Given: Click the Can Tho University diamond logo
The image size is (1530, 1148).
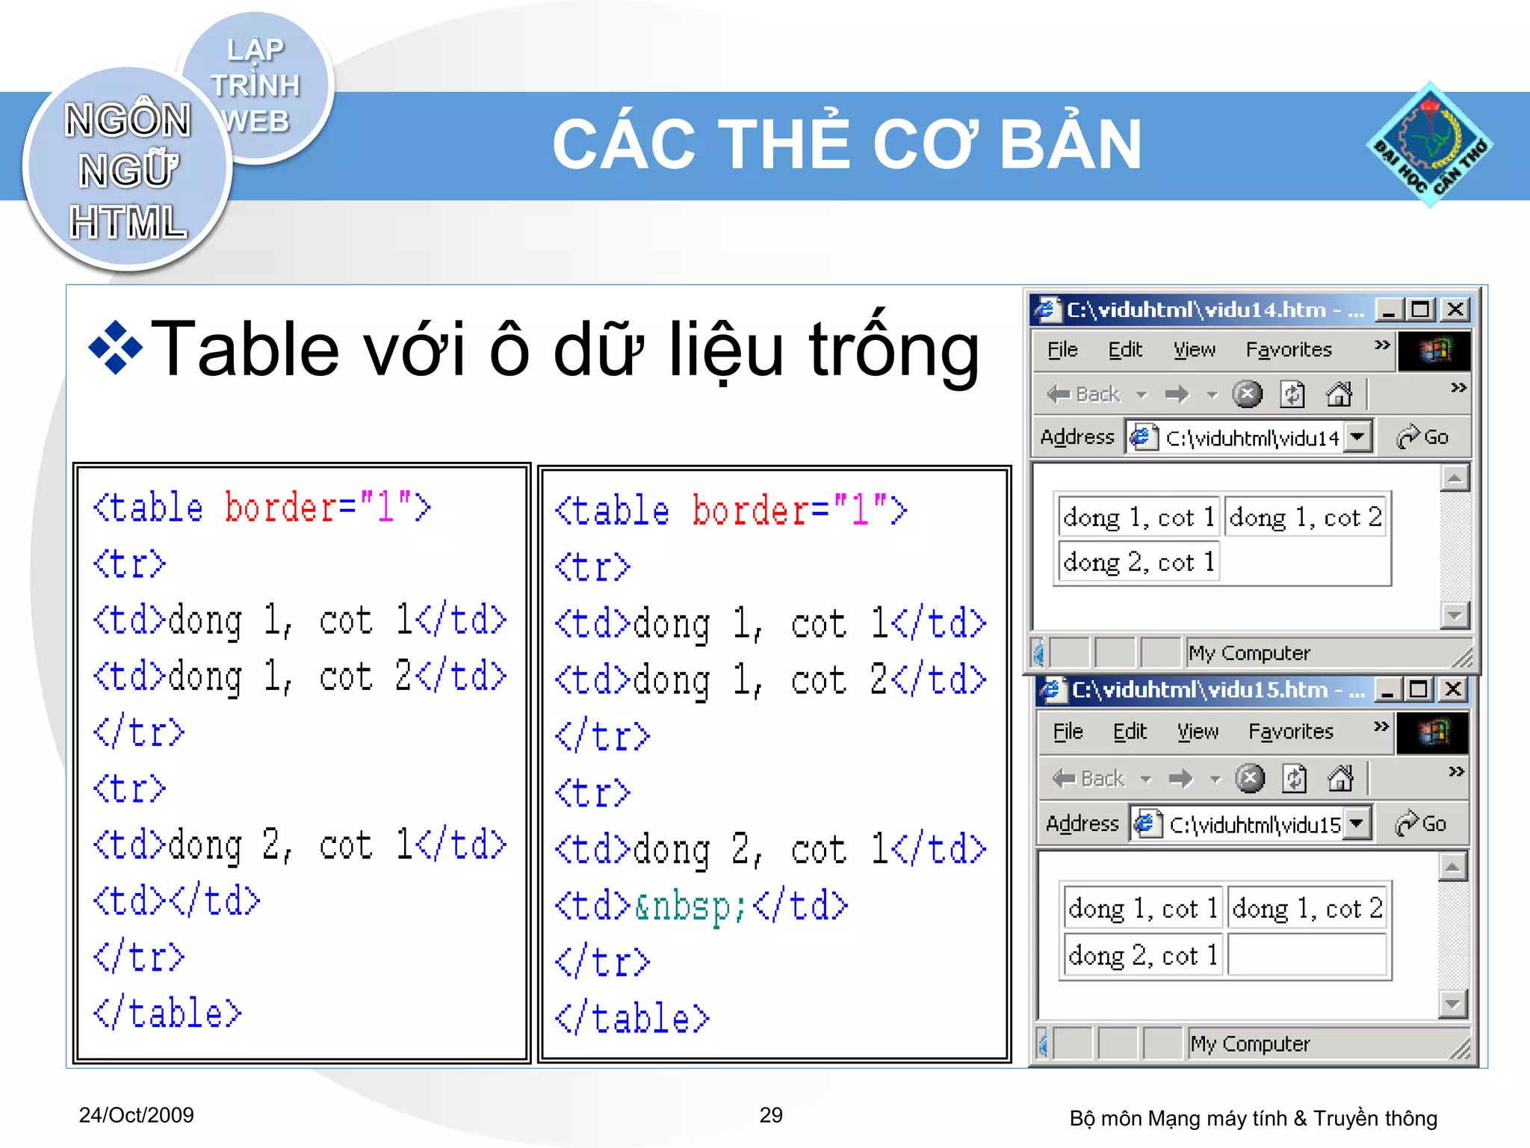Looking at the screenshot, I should pos(1429,144).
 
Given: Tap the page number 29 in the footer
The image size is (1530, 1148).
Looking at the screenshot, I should pos(771,1115).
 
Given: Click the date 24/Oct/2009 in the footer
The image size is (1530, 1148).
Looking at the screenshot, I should pos(136,1115).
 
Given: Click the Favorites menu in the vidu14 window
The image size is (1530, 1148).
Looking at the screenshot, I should pos(1288,350).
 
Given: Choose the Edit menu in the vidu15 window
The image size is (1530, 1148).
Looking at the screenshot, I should pos(1129,732).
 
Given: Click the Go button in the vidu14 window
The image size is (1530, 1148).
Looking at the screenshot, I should pos(1423,437).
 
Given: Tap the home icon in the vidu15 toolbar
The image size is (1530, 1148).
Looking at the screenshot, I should pos(1340,779).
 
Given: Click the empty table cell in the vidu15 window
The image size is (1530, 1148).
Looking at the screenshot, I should pos(1307,954).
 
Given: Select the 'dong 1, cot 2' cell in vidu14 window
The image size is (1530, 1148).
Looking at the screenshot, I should pos(1304,517).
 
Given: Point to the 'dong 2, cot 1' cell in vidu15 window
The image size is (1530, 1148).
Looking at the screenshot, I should pos(1142,954).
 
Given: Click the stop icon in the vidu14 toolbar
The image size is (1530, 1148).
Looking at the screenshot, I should pos(1247,394).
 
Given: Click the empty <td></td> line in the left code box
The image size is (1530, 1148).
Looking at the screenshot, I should pos(176,901).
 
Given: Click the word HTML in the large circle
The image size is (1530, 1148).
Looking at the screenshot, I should pos(128,222).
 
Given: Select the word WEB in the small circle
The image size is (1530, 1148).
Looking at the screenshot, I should pos(255,121).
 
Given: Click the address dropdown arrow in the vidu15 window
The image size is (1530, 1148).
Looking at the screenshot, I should pos(1357,824).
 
